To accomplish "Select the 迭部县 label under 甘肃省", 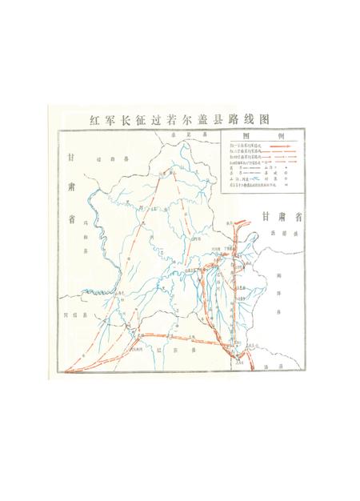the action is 282,233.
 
